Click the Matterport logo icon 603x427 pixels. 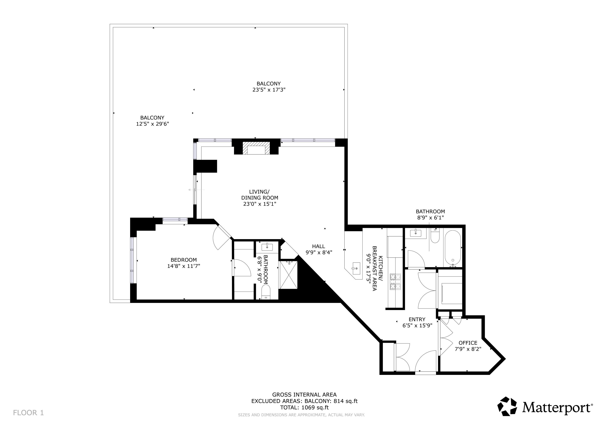508,407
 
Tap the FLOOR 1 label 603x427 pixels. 28,413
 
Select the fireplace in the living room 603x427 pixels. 256,148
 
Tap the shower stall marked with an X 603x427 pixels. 289,275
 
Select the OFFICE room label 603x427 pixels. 468,343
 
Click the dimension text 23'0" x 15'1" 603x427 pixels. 260,204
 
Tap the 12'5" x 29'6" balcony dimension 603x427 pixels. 152,124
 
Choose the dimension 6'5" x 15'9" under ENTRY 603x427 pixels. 417,325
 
